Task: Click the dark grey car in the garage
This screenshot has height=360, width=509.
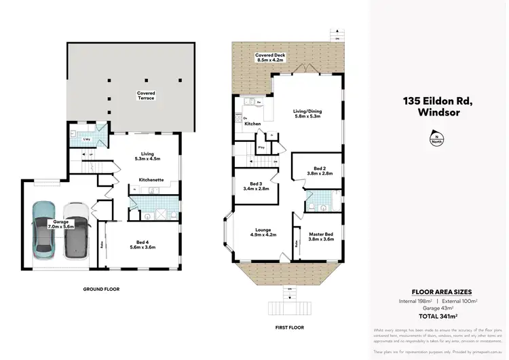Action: coord(76,231)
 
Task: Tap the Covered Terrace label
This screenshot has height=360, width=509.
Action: coord(146,96)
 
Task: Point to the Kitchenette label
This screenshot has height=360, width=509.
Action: coord(150,179)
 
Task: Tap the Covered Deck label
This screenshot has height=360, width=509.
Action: coord(269,57)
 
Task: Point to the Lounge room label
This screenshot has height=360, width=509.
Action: coord(263,234)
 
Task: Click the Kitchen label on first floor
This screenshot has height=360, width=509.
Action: coord(252,124)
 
